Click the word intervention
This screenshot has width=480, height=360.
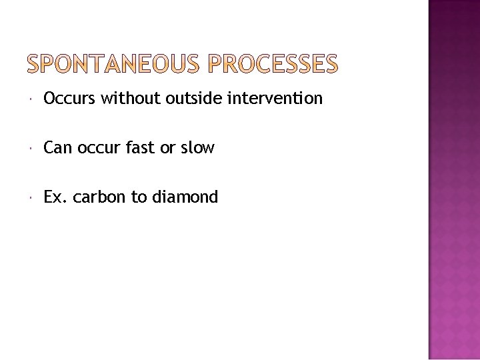275,99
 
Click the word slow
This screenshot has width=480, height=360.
197,148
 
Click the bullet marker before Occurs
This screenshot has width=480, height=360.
32,100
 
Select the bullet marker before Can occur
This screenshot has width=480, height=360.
32,149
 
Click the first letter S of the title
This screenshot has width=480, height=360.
33,63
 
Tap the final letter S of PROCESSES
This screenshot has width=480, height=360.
330,63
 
